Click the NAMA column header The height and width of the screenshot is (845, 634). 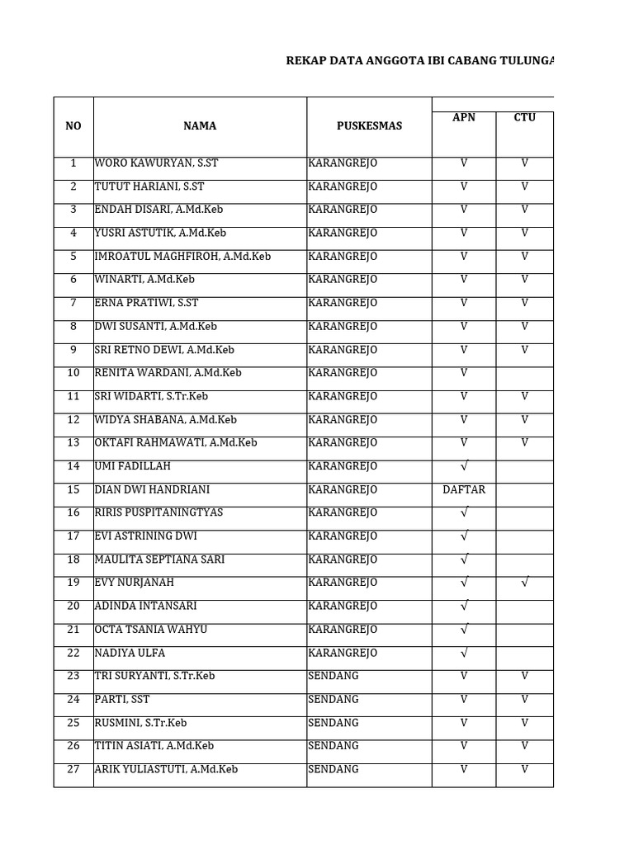point(200,126)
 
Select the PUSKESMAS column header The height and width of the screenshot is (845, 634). point(369,126)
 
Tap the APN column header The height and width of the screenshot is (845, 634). point(463,118)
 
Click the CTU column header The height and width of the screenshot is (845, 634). point(524,118)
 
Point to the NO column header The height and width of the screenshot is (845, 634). point(73,126)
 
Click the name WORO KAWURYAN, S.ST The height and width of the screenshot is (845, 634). point(156,163)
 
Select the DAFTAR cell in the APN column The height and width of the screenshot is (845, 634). point(463,490)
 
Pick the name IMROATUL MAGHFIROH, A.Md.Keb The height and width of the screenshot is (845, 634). point(182,257)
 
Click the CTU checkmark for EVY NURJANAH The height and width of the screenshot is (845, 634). point(524,583)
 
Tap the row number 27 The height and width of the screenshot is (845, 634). point(73,769)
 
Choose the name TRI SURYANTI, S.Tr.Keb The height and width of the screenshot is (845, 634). point(154,676)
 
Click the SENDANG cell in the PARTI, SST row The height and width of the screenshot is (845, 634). point(334,700)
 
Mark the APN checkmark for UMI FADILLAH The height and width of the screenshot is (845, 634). point(463,467)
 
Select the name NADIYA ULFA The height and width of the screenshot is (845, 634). point(130,653)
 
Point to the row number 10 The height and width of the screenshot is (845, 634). point(73,373)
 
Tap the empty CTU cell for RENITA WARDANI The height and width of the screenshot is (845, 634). point(524,373)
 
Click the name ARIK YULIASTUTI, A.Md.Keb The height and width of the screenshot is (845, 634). point(166,769)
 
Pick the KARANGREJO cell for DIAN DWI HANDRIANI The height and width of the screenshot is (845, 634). point(343,490)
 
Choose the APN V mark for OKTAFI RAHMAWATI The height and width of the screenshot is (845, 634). point(463,443)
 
